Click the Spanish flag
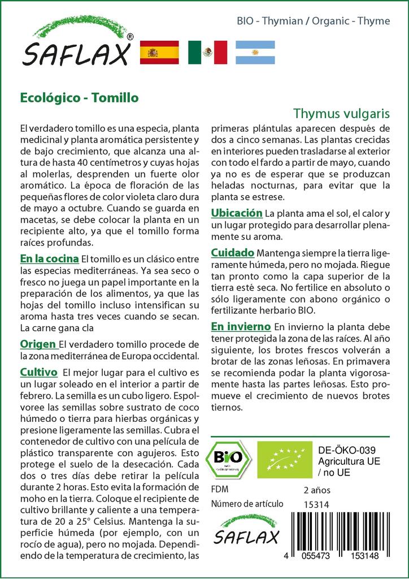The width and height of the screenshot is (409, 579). click(159, 52)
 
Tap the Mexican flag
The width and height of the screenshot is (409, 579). click(207, 52)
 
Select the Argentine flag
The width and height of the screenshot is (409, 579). click(255, 52)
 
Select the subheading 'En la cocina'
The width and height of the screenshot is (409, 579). click(49, 259)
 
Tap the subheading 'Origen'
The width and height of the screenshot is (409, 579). click(38, 344)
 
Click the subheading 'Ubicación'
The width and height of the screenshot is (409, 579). click(237, 213)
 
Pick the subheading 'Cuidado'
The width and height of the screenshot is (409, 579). click(232, 253)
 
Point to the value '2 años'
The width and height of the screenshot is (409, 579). click(317, 489)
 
